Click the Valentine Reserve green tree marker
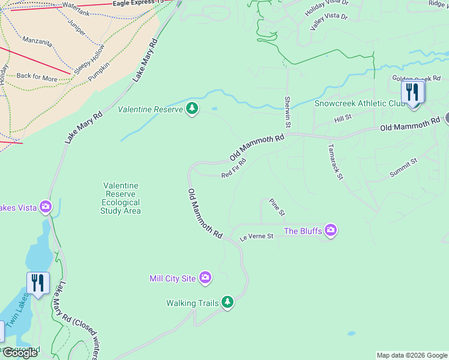[192, 109]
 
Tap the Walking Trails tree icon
[227, 302]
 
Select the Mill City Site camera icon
[205, 277]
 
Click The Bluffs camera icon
[330, 230]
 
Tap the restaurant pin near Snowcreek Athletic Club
[413, 94]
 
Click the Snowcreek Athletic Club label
[360, 103]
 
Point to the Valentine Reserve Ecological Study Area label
[121, 199]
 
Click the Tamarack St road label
[335, 161]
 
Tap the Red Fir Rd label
[234, 169]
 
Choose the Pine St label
[277, 207]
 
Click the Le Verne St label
[256, 236]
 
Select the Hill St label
[342, 120]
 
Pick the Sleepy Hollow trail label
[89, 59]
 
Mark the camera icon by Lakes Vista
[46, 207]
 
